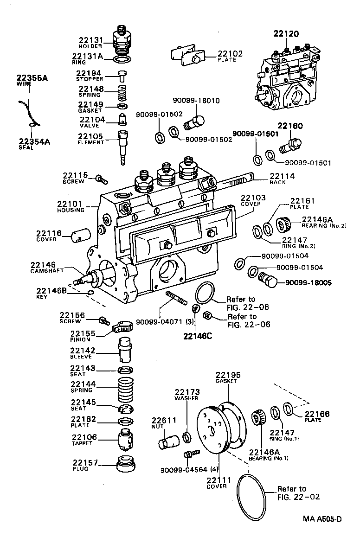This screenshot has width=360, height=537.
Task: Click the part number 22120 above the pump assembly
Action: [x=286, y=33]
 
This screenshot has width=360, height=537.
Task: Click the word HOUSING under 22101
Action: [x=71, y=210]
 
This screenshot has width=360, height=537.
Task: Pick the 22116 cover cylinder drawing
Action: [x=78, y=235]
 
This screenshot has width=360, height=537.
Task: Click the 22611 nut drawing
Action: [x=168, y=438]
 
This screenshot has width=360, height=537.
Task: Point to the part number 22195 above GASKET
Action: [x=226, y=375]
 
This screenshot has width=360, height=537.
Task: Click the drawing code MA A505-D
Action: [x=322, y=518]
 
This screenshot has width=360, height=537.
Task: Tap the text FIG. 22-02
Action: [x=296, y=497]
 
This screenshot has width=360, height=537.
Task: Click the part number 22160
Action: [x=290, y=126]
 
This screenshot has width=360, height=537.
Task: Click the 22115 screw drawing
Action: [x=101, y=178]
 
